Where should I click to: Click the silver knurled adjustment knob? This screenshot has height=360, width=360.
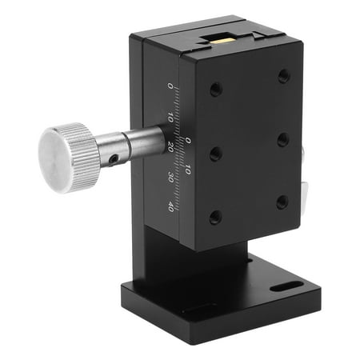69,156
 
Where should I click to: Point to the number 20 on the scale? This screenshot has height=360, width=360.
170,146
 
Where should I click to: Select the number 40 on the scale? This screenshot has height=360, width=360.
170,206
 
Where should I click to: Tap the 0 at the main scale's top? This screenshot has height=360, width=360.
170,86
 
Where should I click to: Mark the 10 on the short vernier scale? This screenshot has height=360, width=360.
188,170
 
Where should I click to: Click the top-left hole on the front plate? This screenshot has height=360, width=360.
215,89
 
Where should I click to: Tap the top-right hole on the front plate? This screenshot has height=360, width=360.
283,77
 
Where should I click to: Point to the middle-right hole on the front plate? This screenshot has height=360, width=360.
282,139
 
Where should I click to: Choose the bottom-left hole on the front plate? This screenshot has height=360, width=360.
215,216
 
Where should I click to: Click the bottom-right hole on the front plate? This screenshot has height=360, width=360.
282,201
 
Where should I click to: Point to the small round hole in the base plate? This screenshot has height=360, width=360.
250,259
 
